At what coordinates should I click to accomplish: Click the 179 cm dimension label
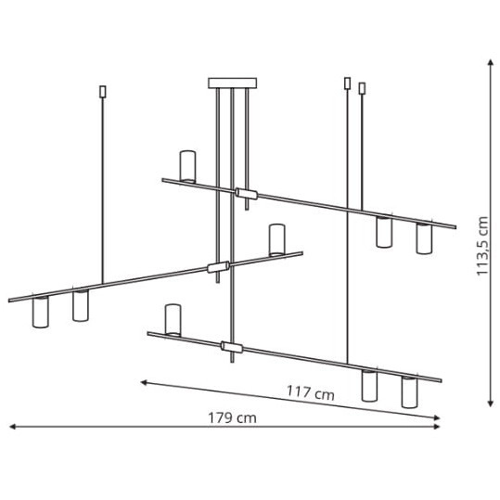click(232, 418)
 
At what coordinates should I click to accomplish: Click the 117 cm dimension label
click(311, 393)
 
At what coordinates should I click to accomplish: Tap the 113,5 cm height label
click(482, 246)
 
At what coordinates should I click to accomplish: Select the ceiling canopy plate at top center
click(232, 83)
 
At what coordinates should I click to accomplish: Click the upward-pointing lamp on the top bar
click(187, 166)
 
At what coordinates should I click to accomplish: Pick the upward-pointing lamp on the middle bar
click(276, 239)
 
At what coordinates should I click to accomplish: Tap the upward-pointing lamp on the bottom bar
click(173, 319)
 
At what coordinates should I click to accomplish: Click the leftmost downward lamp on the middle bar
click(41, 312)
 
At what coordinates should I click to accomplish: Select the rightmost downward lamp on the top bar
click(424, 238)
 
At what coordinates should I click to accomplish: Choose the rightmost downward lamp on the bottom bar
click(409, 391)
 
